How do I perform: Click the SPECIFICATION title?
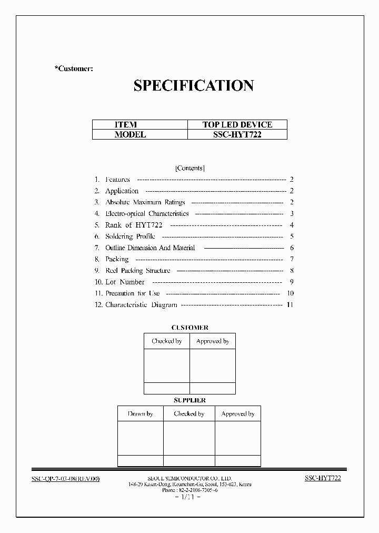coord(194,86)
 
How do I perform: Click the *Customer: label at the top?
coord(74,69)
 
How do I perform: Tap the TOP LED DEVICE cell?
coord(237,125)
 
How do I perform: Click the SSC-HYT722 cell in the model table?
coord(237,134)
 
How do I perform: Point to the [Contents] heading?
coord(189,168)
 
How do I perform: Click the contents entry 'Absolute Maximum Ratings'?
coord(145,202)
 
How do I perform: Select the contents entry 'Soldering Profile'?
coord(130,236)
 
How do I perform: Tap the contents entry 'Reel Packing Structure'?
coord(138,271)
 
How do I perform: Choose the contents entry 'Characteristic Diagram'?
coord(141,305)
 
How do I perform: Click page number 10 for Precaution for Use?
coord(290,293)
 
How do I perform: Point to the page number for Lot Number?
coord(291,282)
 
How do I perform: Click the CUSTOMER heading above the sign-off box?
coord(189,328)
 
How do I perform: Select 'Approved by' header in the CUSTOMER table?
coord(213,341)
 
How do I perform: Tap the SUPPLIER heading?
coord(189,400)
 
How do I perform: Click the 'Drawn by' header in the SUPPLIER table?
coord(140,414)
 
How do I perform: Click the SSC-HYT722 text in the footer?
coord(323,478)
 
